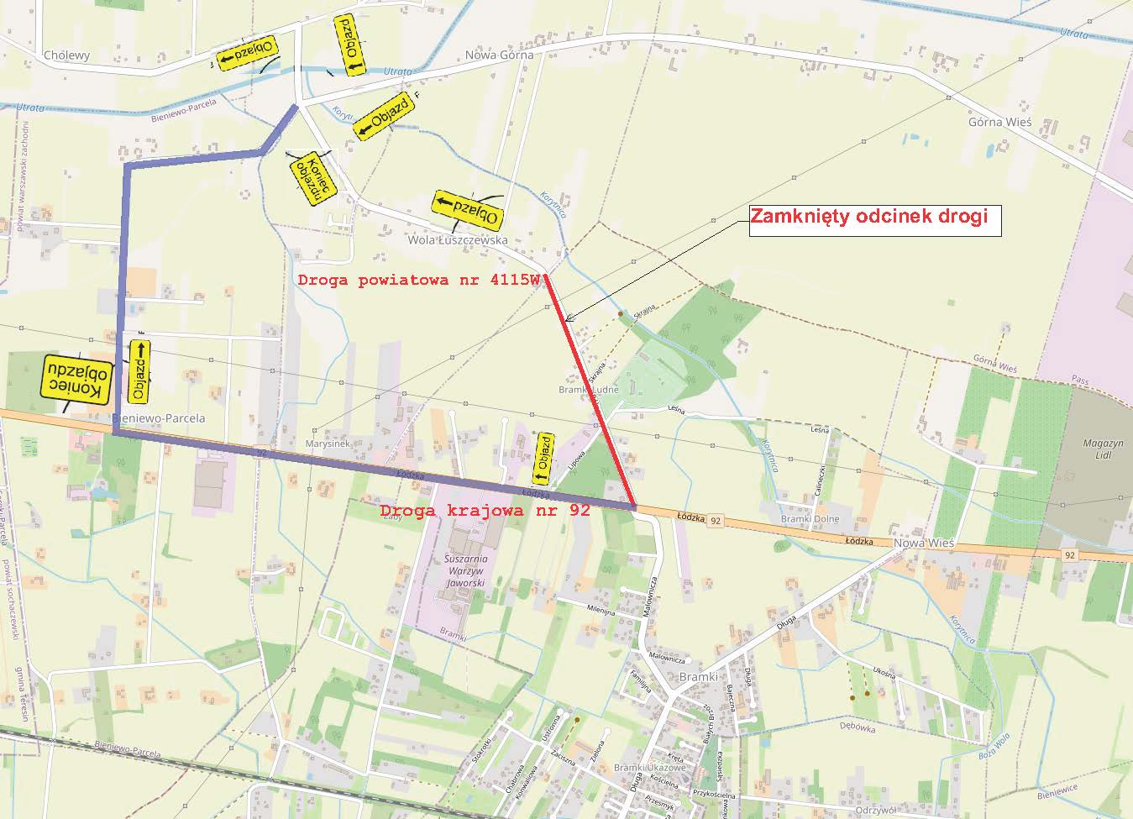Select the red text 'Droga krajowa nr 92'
[x=485, y=510]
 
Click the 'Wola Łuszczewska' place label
[x=457, y=240]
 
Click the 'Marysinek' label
[x=329, y=445]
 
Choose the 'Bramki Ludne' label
[x=589, y=390]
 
